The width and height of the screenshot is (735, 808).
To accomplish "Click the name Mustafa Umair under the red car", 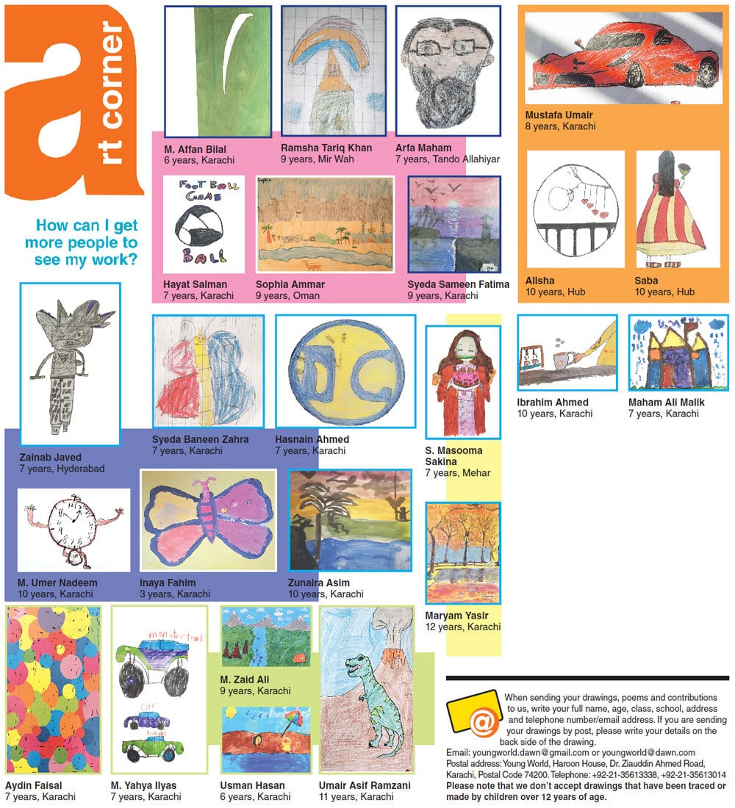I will coord(559,115).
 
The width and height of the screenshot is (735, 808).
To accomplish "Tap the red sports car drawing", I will coord(625,59).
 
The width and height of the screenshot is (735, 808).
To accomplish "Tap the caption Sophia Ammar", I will coord(290,284).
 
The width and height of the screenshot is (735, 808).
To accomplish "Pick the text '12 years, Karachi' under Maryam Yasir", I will coord(462,627).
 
